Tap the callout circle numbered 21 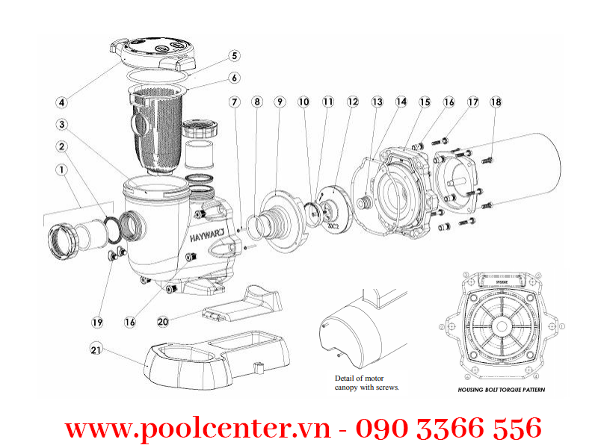point(96,349)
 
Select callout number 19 point(97,323)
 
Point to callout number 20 point(164,321)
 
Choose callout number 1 point(61,170)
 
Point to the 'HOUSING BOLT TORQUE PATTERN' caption point(502,390)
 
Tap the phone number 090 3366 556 point(448,428)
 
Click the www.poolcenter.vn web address point(198,428)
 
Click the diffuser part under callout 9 point(277,217)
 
